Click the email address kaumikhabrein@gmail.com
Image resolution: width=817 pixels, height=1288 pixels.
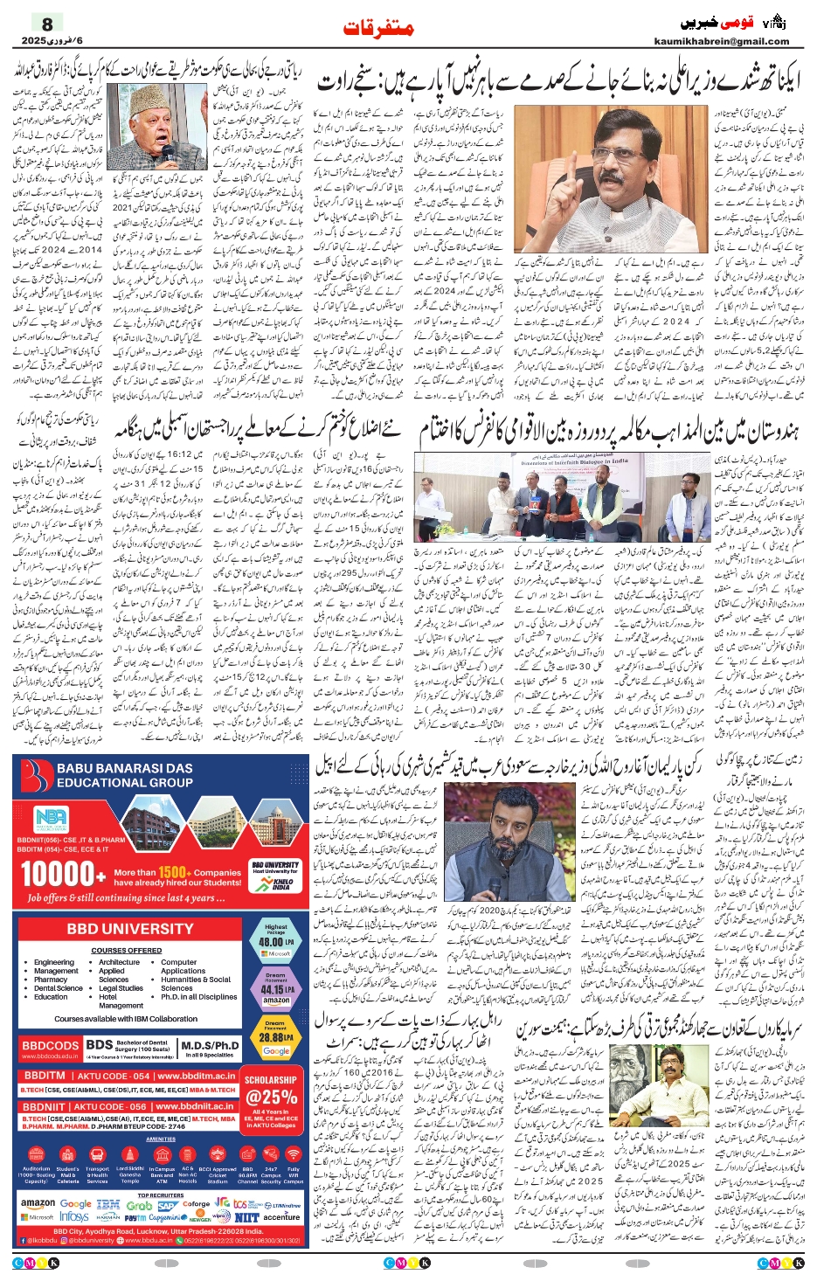pos(721,41)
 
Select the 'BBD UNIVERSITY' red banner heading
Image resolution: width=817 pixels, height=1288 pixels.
pos(130,929)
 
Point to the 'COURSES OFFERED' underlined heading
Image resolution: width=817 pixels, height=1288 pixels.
pos(126,950)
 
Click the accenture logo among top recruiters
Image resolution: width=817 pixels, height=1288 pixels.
pos(281,1216)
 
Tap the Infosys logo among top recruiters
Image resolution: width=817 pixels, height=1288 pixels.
pos(74,1216)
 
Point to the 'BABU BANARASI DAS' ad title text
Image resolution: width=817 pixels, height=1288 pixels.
pos(125,768)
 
